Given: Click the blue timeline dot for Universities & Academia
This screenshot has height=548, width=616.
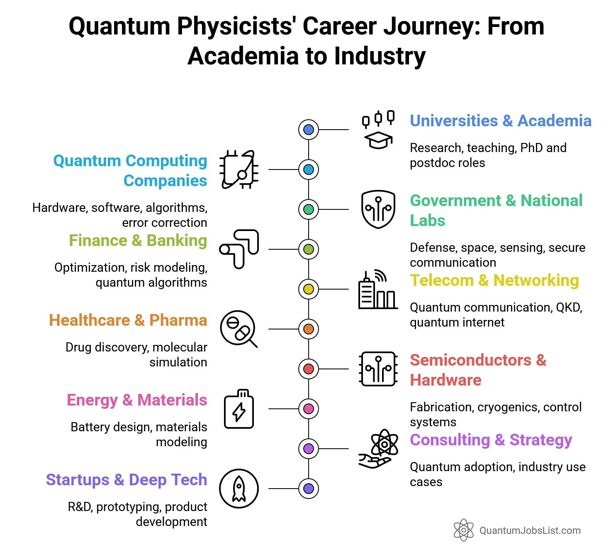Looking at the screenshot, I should [308, 130].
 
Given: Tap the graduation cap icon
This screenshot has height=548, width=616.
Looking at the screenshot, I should [378, 140].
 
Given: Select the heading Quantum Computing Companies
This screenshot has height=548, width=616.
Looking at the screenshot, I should [130, 170].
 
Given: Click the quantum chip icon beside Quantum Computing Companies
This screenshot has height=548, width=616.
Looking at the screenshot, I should [239, 170].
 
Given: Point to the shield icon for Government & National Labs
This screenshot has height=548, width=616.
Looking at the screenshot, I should [378, 209].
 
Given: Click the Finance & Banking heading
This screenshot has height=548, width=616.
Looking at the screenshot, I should [138, 241].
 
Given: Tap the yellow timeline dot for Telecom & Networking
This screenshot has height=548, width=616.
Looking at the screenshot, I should [308, 289].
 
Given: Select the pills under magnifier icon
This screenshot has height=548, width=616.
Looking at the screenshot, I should [239, 329].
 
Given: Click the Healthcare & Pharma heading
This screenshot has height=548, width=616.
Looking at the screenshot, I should [128, 320].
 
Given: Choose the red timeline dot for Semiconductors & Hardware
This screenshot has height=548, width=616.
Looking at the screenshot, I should [308, 369].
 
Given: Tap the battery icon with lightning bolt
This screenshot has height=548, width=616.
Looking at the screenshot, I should [239, 409].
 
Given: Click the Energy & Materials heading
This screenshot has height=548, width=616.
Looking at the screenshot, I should [136, 400].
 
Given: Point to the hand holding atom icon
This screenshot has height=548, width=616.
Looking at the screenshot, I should [378, 449].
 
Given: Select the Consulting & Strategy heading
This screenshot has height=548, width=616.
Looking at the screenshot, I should [491, 440].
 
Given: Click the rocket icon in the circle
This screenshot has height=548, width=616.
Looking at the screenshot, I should [239, 489].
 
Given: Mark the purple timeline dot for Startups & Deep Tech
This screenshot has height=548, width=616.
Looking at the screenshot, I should [308, 489].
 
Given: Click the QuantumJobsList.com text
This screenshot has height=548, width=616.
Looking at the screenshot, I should [530, 531].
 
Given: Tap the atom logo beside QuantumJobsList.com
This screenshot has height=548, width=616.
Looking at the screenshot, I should [463, 530].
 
